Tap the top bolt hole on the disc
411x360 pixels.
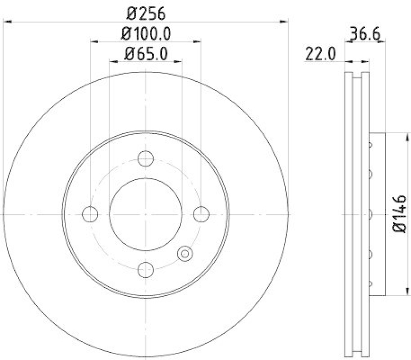pos(146,158)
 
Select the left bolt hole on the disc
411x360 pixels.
pos(90,213)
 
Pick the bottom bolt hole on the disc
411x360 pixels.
pos(146,268)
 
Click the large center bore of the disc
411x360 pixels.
pos(146,213)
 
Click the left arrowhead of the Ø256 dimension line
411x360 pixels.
pos(7,21)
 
